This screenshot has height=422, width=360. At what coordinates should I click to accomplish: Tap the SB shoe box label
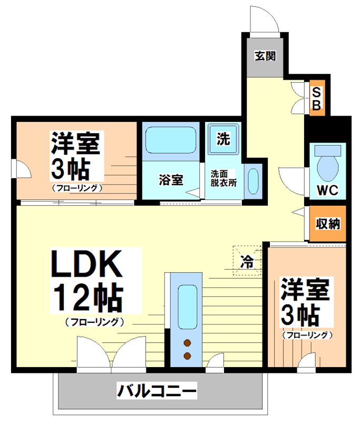click(316, 99)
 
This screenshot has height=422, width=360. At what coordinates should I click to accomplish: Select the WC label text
click(327, 190)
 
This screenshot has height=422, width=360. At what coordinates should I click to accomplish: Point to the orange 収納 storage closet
click(327, 224)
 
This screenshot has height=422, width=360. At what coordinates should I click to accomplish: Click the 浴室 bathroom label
click(171, 180)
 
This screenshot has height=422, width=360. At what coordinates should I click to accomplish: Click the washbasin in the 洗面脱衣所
click(252, 181)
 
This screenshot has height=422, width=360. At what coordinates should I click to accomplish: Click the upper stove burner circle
click(187, 343)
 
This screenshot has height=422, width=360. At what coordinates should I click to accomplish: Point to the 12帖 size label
click(86, 299)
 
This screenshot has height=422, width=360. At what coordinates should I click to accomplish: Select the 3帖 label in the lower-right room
click(299, 316)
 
